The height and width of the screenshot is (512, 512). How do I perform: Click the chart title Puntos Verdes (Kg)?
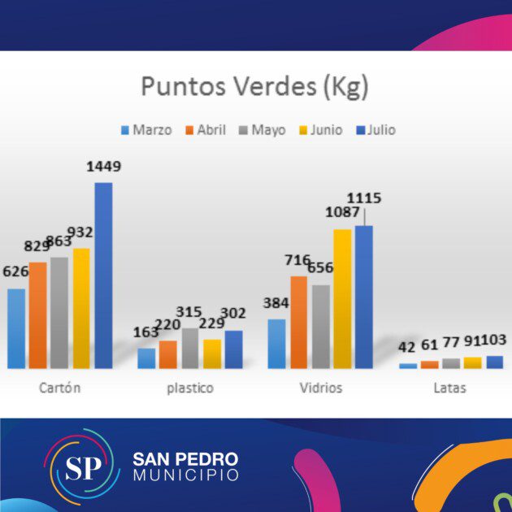(x=254, y=87)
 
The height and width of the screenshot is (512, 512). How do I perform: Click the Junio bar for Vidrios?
(x=342, y=298)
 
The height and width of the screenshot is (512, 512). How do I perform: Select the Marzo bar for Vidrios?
(x=277, y=343)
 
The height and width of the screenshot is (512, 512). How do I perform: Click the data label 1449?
(x=103, y=167)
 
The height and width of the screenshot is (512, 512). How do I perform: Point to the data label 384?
(x=276, y=303)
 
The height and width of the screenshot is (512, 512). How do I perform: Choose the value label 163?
(x=146, y=332)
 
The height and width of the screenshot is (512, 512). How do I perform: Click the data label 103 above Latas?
(x=493, y=341)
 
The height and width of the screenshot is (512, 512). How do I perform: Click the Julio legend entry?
(x=375, y=130)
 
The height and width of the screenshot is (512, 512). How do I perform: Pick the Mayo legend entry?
(x=263, y=130)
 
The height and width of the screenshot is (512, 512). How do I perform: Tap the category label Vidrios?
(x=321, y=388)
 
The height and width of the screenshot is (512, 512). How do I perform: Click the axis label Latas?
(x=449, y=388)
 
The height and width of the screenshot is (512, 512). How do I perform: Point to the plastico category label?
(x=189, y=388)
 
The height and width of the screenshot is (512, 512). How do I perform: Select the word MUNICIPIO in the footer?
(x=186, y=475)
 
